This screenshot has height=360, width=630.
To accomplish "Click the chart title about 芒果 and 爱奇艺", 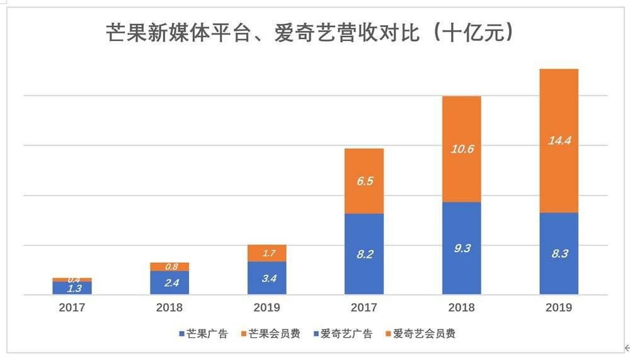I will click(311, 33).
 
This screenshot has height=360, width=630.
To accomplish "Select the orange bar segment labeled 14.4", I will click(559, 141).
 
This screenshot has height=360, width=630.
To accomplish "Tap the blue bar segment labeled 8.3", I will click(559, 253).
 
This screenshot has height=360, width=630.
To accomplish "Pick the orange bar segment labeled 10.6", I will click(462, 149).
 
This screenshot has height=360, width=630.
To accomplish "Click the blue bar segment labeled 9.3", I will click(462, 248).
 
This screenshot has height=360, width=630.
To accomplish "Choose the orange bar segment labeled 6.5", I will click(364, 181).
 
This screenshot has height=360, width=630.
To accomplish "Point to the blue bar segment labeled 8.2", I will click(364, 254).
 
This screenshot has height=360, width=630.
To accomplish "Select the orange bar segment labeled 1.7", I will click(267, 253).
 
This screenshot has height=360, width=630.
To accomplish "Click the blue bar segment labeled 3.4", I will click(267, 278).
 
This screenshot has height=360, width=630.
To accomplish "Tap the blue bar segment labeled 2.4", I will click(169, 282).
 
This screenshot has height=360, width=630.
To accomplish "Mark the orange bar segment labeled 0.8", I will click(169, 267).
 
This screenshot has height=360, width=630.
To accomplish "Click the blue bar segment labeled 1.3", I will click(72, 288).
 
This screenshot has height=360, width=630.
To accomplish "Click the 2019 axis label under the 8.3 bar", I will click(559, 308).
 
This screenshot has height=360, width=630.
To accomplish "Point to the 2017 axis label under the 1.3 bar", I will click(72, 308).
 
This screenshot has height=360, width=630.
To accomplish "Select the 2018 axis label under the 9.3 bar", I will click(462, 308).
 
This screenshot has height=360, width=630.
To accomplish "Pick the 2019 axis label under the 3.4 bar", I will click(267, 308).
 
